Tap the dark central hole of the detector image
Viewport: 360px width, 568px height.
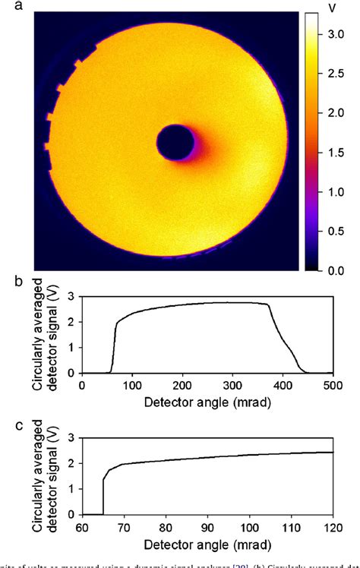175,143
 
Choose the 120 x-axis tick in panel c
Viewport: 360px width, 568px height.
332,525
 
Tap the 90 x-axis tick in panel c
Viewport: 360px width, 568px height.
207,525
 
